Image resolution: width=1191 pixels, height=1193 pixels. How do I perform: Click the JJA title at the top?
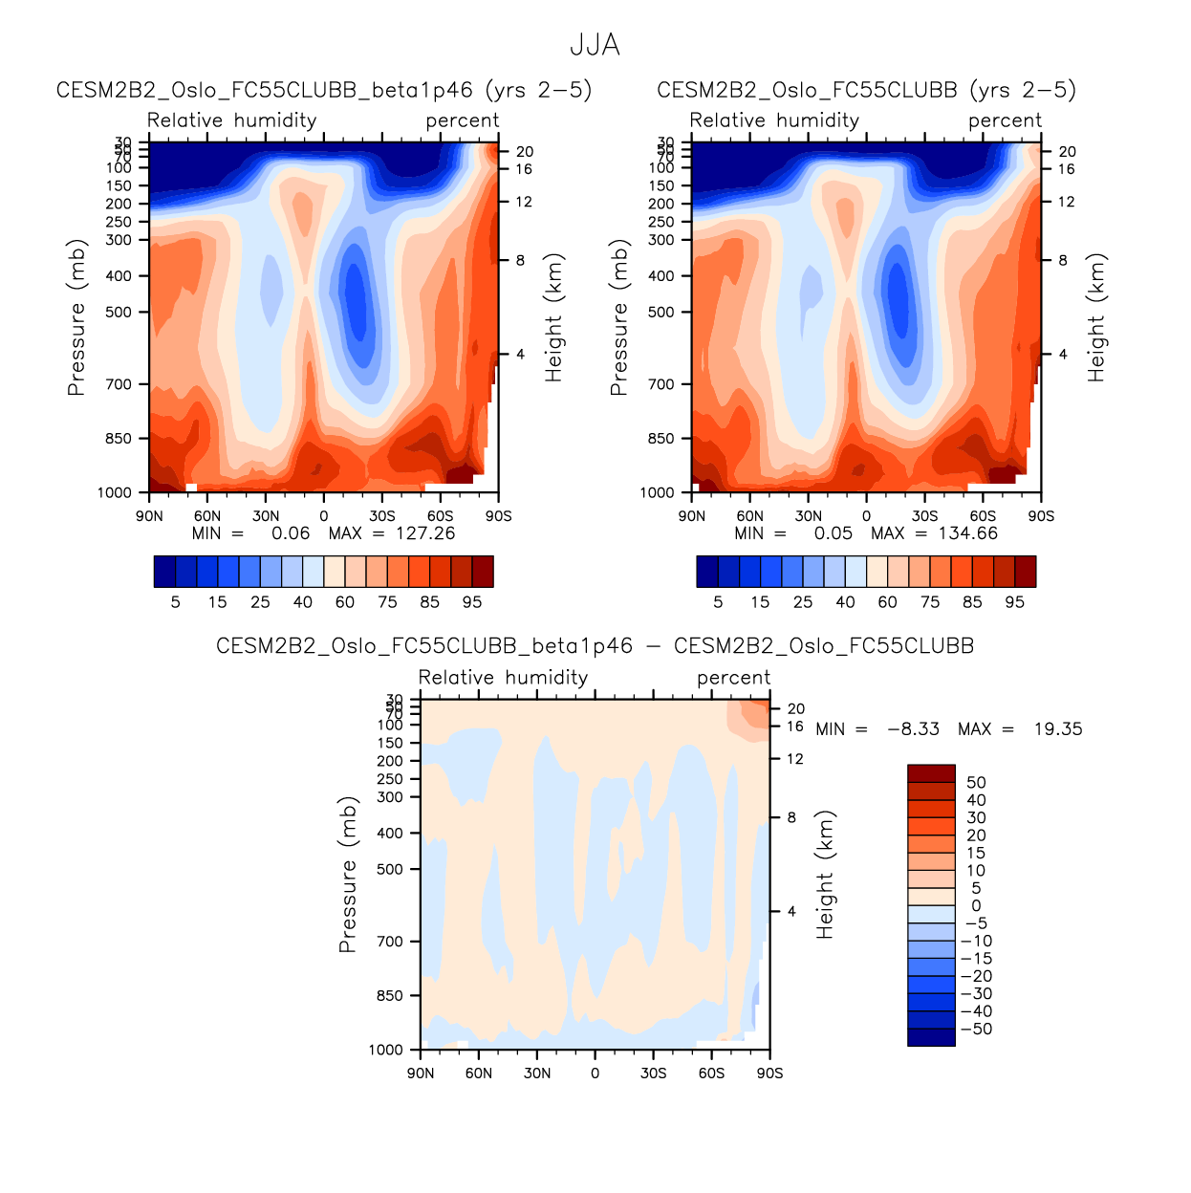pos(595,45)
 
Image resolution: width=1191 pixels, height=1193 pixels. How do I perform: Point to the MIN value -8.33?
pos(913,729)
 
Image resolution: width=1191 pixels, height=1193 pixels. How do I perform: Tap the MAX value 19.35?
pos(1058,729)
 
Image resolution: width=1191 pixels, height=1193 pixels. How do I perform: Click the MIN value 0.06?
pos(291,533)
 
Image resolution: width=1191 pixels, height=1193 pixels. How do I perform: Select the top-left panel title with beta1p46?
pos(324,90)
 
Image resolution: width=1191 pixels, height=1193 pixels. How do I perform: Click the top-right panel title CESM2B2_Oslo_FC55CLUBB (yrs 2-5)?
pos(866,90)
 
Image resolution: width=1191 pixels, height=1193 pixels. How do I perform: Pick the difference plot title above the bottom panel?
pos(595,646)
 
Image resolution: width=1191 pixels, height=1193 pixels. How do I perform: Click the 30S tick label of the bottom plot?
pos(653,1074)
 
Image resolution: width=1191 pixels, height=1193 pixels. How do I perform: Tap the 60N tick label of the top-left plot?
pos(207,516)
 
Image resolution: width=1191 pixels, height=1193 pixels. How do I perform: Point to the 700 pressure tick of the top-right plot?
pos(661,384)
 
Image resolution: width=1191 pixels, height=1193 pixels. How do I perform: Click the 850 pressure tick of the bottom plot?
pos(390,996)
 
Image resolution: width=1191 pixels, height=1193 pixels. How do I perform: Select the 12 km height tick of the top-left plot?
pos(524,202)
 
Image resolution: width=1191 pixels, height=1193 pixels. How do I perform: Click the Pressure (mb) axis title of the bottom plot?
pos(348,874)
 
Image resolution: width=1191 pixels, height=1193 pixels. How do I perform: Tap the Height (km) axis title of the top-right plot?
pos(1096,317)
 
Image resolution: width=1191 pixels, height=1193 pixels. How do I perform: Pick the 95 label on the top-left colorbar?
pos(472,602)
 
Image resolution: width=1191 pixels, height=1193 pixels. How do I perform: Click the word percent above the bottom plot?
pos(733,678)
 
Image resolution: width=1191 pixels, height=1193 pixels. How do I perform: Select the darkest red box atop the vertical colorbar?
pos(931,773)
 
